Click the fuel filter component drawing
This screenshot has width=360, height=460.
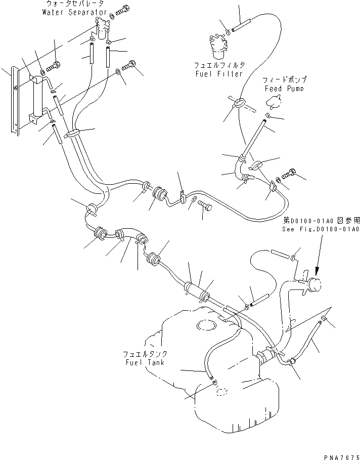click(x=218, y=46)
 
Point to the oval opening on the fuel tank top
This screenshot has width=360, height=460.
click(x=207, y=324)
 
